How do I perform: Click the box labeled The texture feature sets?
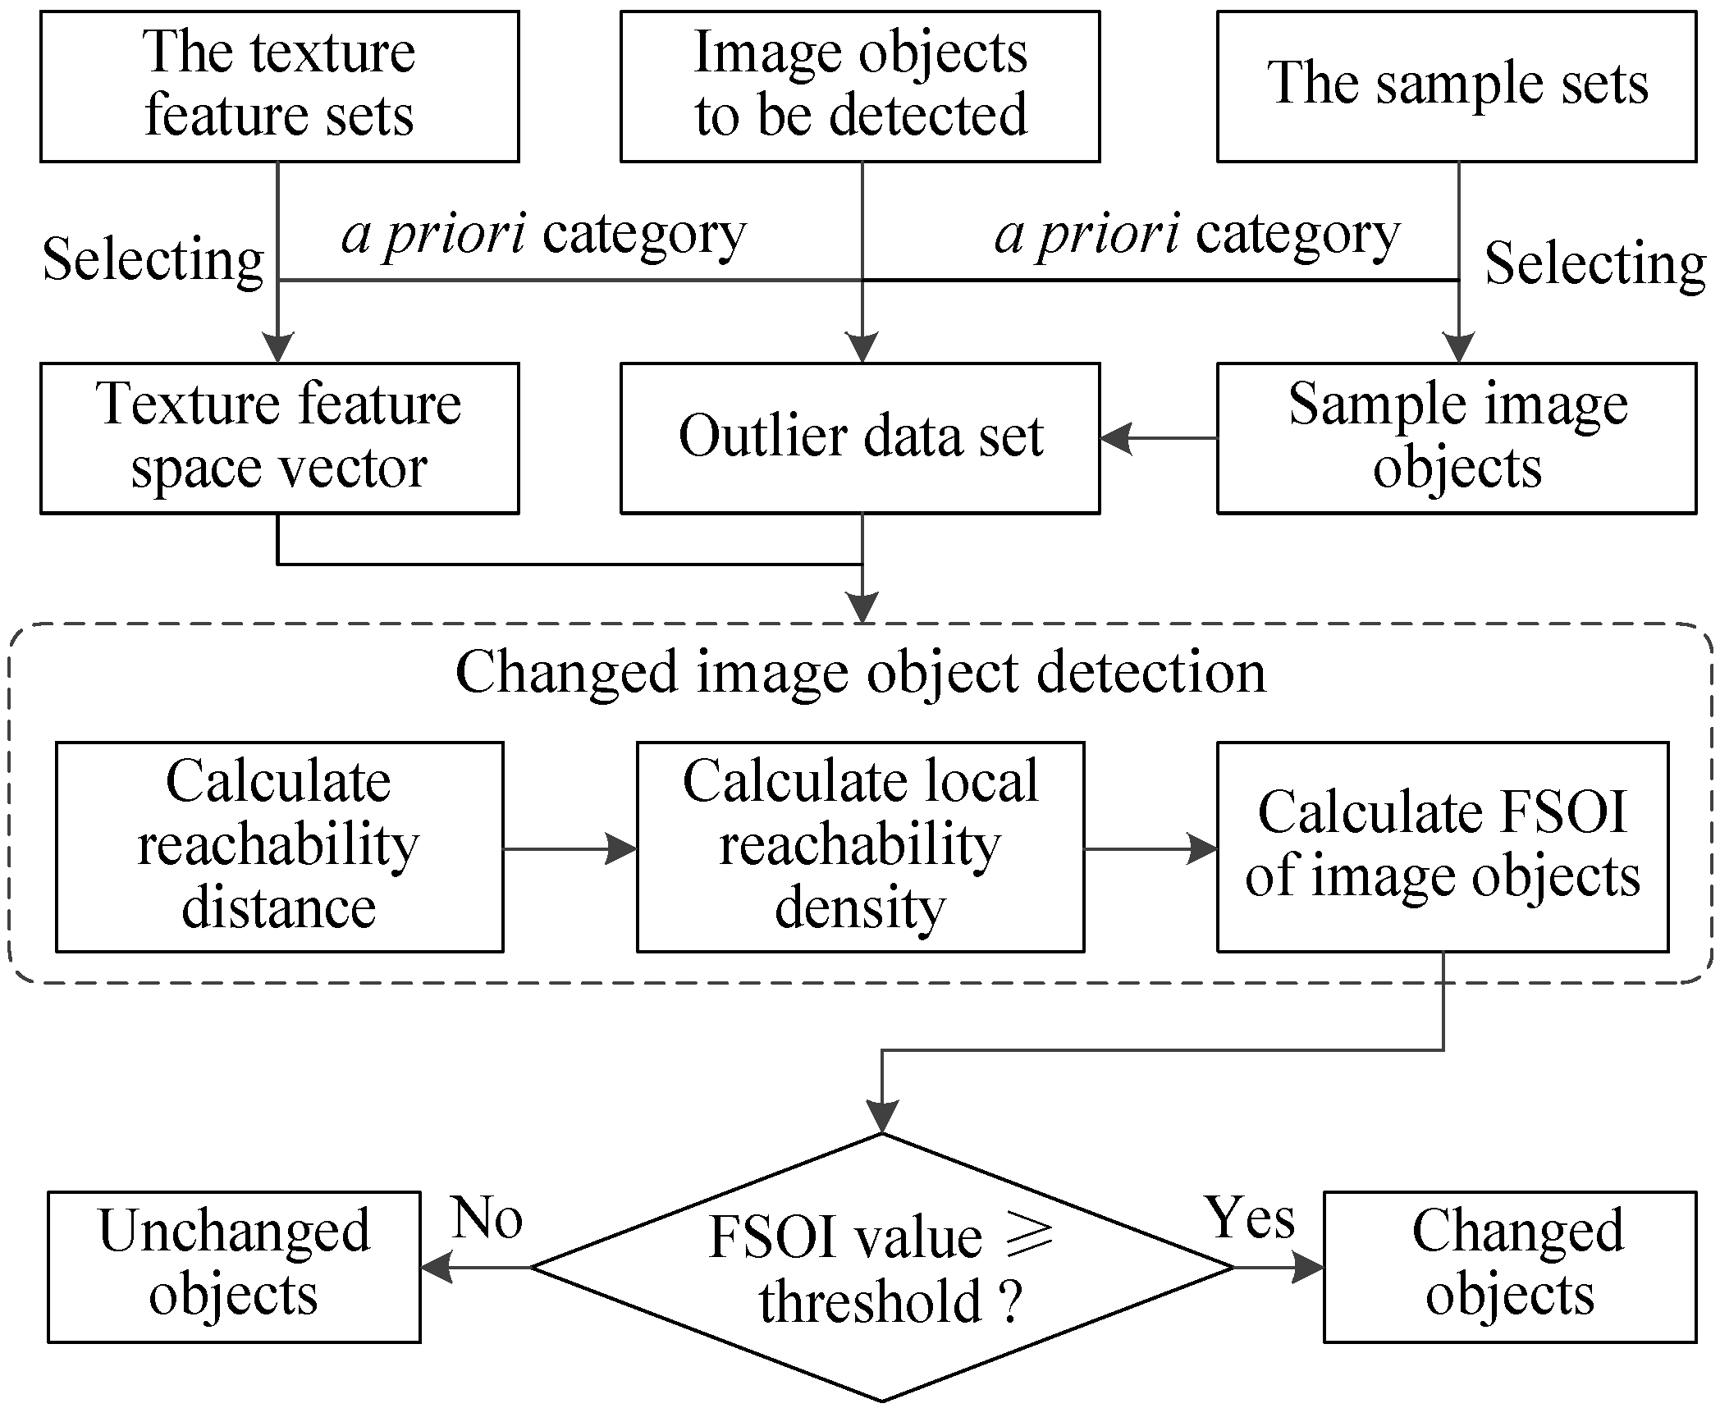pyautogui.click(x=279, y=86)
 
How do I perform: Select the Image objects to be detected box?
pyautogui.click(x=859, y=86)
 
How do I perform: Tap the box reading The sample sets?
pyautogui.click(x=1456, y=86)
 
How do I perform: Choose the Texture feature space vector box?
pyautogui.click(x=279, y=438)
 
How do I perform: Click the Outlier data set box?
pyautogui.click(x=859, y=438)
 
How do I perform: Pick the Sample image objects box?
pyautogui.click(x=1456, y=438)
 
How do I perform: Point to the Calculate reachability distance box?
pyautogui.click(x=279, y=847)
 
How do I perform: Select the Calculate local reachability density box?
pyautogui.click(x=860, y=847)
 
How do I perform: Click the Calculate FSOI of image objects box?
pyautogui.click(x=1442, y=847)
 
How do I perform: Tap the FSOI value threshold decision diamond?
pyautogui.click(x=881, y=1268)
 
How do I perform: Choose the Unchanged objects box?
pyautogui.click(x=234, y=1267)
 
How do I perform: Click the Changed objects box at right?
pyautogui.click(x=1509, y=1267)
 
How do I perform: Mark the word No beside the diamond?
pyautogui.click(x=487, y=1218)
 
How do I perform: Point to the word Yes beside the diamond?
pyautogui.click(x=1249, y=1218)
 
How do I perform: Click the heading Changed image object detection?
pyautogui.click(x=860, y=673)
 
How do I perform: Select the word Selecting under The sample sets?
pyautogui.click(x=1595, y=265)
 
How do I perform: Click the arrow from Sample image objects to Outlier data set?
pyautogui.click(x=1157, y=438)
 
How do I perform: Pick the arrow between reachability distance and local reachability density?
pyautogui.click(x=570, y=848)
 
